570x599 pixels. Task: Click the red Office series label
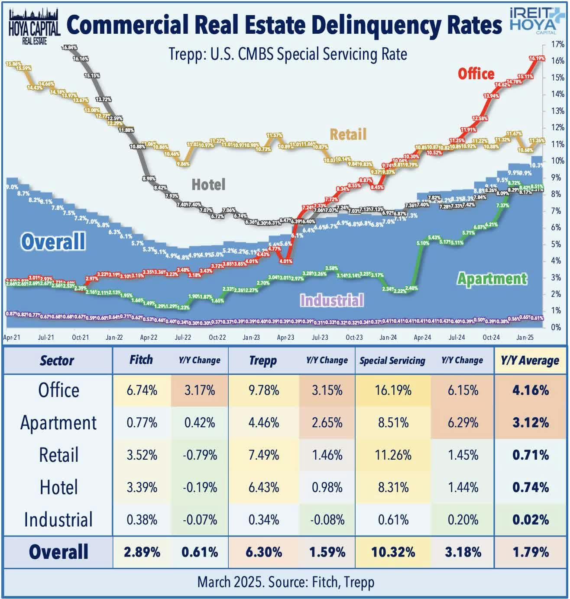point(476,74)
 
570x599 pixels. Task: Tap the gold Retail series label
point(348,134)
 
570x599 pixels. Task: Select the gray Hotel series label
point(208,185)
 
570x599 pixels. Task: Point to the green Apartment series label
point(492,279)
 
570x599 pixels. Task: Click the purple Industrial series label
point(332,300)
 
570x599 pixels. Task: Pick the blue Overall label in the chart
point(53,242)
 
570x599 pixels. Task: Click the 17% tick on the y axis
point(557,45)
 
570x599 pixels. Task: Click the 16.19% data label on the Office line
point(537,58)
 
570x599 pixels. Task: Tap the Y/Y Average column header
point(530,361)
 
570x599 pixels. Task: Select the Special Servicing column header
point(392,361)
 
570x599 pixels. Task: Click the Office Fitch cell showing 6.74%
point(142,390)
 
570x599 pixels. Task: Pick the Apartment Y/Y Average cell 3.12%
point(530,422)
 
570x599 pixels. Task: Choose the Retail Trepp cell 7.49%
point(263,455)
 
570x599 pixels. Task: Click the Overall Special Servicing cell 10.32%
point(393,552)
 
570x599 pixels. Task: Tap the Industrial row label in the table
point(58,520)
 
